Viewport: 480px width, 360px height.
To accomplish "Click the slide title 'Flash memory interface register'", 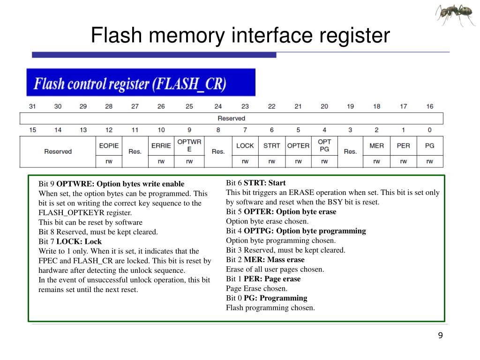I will coord(240,36).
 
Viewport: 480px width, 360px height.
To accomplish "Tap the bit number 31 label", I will coord(32,106).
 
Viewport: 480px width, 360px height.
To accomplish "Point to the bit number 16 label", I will coord(429,106).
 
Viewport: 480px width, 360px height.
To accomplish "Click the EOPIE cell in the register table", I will coord(109,146).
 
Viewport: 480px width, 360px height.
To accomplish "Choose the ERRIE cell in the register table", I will coord(161,146).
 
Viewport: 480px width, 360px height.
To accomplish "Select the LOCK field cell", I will coord(245,146).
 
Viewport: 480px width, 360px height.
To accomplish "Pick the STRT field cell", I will coord(271,146).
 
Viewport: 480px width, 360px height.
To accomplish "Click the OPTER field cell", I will coord(298,146).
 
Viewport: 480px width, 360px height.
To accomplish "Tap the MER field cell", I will coord(376,146).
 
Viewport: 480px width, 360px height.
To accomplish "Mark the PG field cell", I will coord(429,146).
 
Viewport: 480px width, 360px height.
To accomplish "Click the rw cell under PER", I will coord(403,162).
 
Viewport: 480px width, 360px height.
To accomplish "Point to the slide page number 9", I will coord(440,335).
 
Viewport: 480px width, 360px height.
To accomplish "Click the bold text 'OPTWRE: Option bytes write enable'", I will coord(120,184).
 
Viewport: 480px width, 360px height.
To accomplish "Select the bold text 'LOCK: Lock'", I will coord(79,241).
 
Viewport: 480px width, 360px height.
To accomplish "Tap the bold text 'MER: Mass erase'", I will coord(274,260).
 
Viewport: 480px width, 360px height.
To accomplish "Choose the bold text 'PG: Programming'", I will coord(275,298).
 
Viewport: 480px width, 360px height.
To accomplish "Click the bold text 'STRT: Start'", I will coord(264,183).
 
